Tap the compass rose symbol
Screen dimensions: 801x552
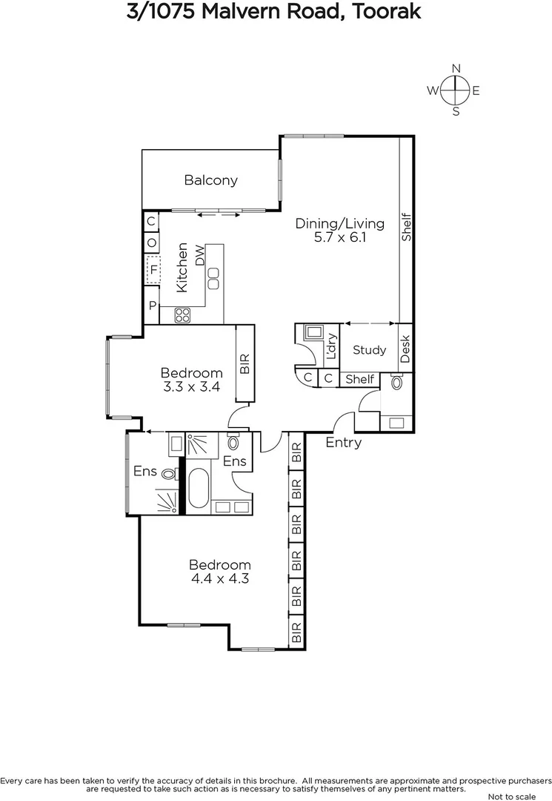[x=455, y=91]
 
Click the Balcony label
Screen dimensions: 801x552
[x=211, y=179]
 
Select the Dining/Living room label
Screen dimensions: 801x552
[x=340, y=223]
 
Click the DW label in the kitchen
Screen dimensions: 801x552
[x=199, y=256]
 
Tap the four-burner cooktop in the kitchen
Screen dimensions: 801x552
[x=182, y=315]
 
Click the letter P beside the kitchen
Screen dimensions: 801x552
[x=152, y=306]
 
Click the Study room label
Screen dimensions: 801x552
[x=369, y=349]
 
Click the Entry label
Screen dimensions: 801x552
[x=344, y=443]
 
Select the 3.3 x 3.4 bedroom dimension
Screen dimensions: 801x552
[x=192, y=386]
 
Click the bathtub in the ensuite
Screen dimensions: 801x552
[x=198, y=487]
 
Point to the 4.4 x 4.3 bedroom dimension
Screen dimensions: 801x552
[x=219, y=578]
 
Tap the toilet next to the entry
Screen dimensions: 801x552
[x=396, y=383]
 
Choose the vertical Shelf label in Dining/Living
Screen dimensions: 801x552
[x=406, y=228]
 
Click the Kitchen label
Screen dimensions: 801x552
[x=182, y=267]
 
